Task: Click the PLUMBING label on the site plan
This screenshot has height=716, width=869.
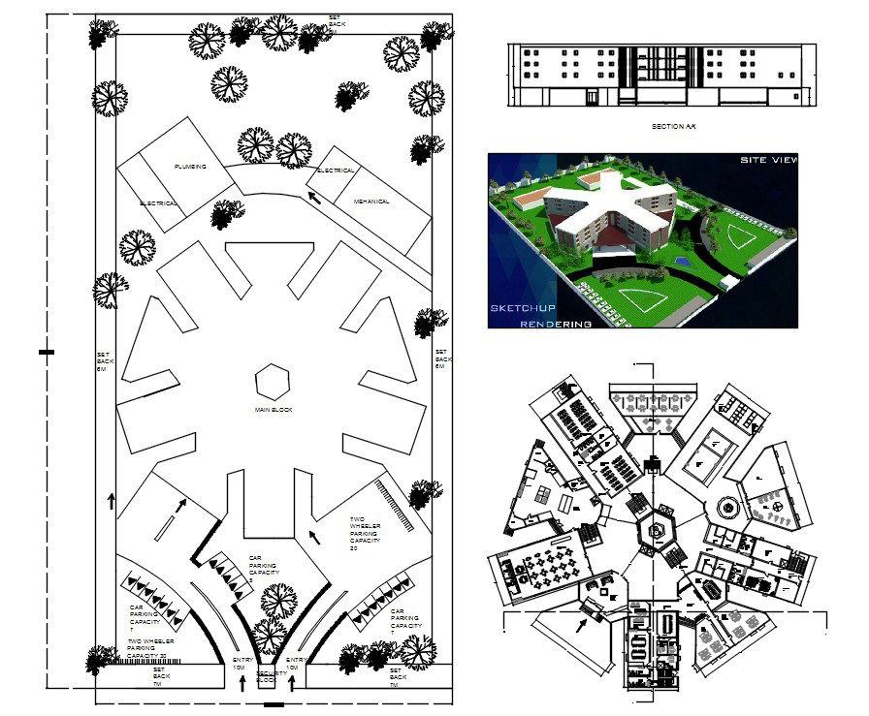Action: pos(190,167)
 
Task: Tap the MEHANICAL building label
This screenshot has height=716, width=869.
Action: pos(371,202)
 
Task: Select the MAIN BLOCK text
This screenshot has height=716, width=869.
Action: pos(274,410)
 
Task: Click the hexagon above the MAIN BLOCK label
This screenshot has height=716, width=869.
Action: pos(274,381)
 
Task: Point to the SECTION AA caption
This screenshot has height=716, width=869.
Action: pos(674,126)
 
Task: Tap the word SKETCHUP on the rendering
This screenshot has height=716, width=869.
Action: pos(522,307)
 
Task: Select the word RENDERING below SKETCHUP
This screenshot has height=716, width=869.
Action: pos(556,324)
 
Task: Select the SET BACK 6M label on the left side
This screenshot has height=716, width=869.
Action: pos(103,361)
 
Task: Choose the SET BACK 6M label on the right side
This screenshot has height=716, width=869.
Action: pos(441,358)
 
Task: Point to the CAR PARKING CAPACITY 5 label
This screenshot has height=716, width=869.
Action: pos(264,572)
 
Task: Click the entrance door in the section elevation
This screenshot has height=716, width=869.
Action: pos(591,97)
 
